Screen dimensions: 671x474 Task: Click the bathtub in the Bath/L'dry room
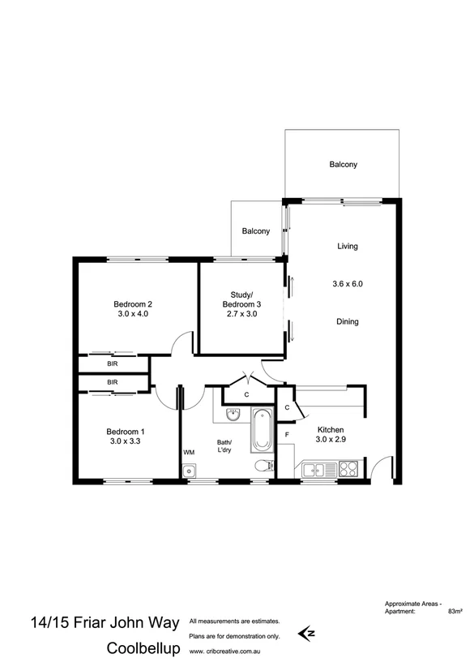coord(261,432)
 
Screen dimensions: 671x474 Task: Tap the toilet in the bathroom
coord(262,467)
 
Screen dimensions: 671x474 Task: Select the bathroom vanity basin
coord(233,416)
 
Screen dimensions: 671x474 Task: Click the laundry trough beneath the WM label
coord(189,469)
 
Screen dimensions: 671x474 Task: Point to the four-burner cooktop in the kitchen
coord(348,468)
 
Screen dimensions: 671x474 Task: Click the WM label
coord(189,451)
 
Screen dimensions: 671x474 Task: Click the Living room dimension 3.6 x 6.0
coord(347,284)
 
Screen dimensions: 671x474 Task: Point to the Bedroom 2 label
coord(133,304)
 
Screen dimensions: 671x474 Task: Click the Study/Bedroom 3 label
coord(239,299)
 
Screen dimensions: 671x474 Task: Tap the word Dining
coord(347,321)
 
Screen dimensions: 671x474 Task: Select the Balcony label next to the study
coord(255,231)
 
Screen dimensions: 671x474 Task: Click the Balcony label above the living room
coord(343,165)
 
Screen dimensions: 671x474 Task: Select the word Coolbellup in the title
coord(143,650)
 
